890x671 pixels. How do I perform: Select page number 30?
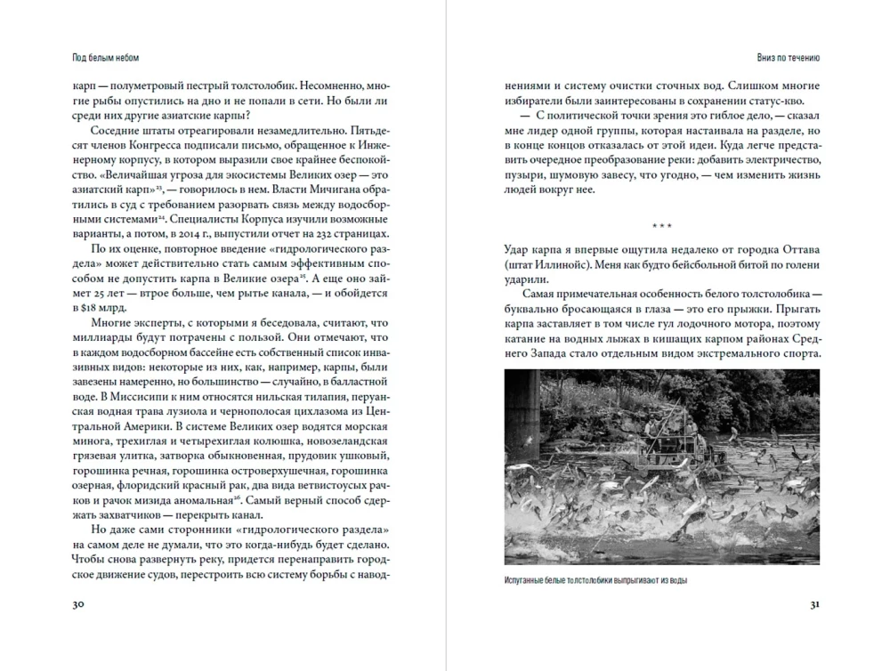tap(78, 604)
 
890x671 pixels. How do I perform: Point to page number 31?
tap(813, 604)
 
